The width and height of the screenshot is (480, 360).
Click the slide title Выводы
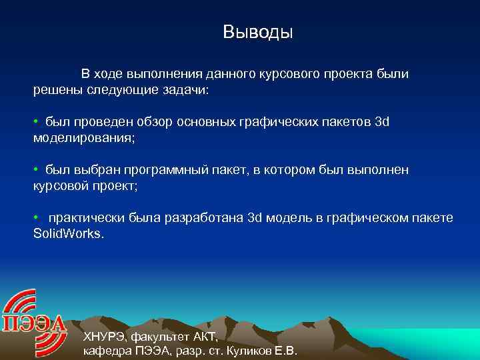click(x=258, y=32)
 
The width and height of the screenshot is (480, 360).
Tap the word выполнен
click(x=380, y=171)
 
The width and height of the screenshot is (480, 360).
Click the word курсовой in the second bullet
click(x=59, y=187)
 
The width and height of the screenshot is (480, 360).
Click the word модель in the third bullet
click(x=285, y=219)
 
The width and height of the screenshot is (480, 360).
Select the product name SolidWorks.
click(x=69, y=235)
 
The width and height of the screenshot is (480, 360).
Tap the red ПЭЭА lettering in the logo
click(x=35, y=325)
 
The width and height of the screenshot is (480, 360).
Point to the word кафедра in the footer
click(x=106, y=351)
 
